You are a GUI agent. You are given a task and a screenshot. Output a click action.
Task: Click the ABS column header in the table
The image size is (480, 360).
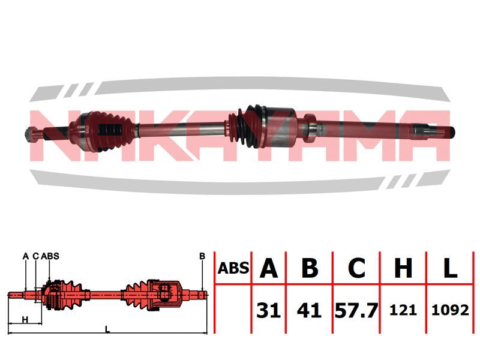click(x=233, y=268)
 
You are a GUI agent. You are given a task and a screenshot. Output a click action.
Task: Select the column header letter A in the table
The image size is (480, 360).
click(x=268, y=268)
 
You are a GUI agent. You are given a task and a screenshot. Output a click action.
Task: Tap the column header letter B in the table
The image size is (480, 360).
click(x=310, y=268)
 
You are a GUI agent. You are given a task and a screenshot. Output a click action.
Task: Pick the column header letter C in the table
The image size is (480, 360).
click(x=356, y=268)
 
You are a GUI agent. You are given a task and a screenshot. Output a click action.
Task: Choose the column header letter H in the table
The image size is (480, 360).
click(x=403, y=268)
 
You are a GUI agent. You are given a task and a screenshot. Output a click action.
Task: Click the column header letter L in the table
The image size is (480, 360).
click(x=450, y=268)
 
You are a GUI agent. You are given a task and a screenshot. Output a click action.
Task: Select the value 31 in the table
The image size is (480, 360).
click(x=268, y=310)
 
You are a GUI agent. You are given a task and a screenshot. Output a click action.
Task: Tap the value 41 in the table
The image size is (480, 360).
click(x=309, y=310)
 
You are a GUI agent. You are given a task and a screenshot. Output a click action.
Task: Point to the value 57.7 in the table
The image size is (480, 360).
click(x=356, y=310)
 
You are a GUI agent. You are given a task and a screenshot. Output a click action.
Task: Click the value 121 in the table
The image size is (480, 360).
click(x=403, y=310)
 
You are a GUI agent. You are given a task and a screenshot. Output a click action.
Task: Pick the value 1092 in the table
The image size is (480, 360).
click(x=450, y=310)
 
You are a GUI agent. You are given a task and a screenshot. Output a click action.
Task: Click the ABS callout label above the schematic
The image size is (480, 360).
click(x=50, y=256)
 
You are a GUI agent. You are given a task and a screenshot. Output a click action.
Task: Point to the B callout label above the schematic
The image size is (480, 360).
click(x=202, y=256)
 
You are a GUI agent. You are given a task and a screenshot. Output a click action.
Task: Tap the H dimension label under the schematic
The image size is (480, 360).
click(x=25, y=320)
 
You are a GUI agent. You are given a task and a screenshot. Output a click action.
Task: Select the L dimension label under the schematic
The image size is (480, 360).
click(x=107, y=329)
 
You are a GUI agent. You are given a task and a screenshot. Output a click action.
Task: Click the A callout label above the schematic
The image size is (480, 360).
click(x=26, y=256)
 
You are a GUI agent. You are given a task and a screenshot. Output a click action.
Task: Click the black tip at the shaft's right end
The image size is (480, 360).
click(x=452, y=131)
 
